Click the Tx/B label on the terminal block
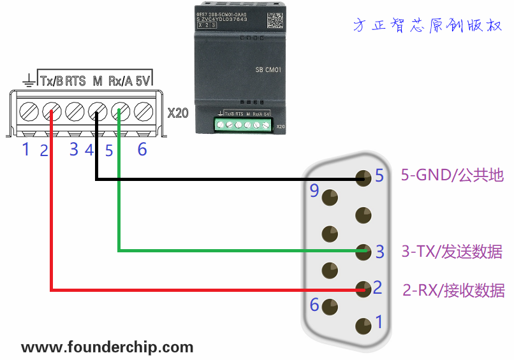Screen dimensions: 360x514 [52, 81]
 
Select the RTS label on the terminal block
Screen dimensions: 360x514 [75, 81]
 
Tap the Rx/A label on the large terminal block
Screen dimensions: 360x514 [120, 81]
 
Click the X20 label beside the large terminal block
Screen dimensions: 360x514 [178, 113]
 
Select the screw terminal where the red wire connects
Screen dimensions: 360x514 [51, 113]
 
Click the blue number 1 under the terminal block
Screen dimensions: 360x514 [26, 150]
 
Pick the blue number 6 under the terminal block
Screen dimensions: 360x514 [142, 150]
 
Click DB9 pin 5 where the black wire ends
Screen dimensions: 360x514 [363, 178]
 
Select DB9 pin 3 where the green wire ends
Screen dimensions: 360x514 [363, 251]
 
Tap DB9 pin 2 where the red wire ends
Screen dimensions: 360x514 [363, 288]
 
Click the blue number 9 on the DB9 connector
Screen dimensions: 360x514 [314, 191]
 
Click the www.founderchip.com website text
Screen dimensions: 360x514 [107, 347]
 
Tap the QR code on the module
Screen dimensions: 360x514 [274, 19]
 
